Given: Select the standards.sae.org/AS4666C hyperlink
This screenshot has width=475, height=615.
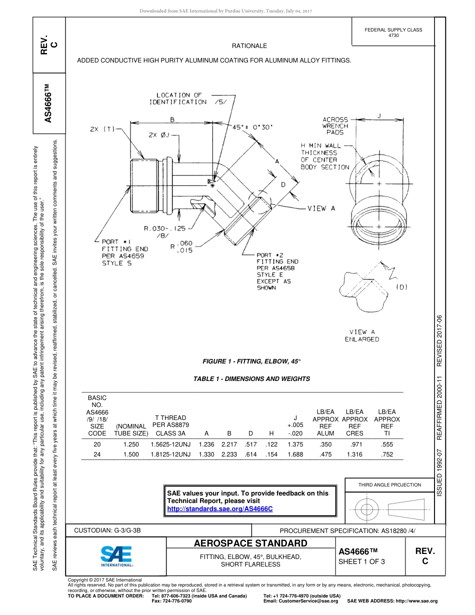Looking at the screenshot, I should click(x=219, y=508).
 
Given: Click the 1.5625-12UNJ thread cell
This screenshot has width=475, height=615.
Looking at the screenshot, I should click(x=170, y=444).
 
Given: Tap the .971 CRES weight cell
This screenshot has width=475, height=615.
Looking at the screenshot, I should click(x=354, y=444).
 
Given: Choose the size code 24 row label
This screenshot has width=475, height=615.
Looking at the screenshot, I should click(x=97, y=454).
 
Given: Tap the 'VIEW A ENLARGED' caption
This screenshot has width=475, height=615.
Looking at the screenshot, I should click(x=361, y=335).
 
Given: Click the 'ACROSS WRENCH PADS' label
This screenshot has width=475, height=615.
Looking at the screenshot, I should click(x=335, y=126).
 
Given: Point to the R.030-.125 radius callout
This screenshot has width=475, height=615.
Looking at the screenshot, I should click(x=164, y=228).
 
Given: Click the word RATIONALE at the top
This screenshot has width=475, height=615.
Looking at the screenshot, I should click(x=249, y=46).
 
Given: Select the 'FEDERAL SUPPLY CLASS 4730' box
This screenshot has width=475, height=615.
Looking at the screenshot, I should click(x=393, y=32).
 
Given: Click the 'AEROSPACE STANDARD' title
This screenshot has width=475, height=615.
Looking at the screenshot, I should click(x=250, y=543).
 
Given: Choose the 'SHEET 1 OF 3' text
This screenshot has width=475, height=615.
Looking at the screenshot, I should click(x=362, y=561).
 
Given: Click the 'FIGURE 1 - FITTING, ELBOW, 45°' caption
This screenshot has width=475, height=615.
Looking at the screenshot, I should click(x=251, y=361).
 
